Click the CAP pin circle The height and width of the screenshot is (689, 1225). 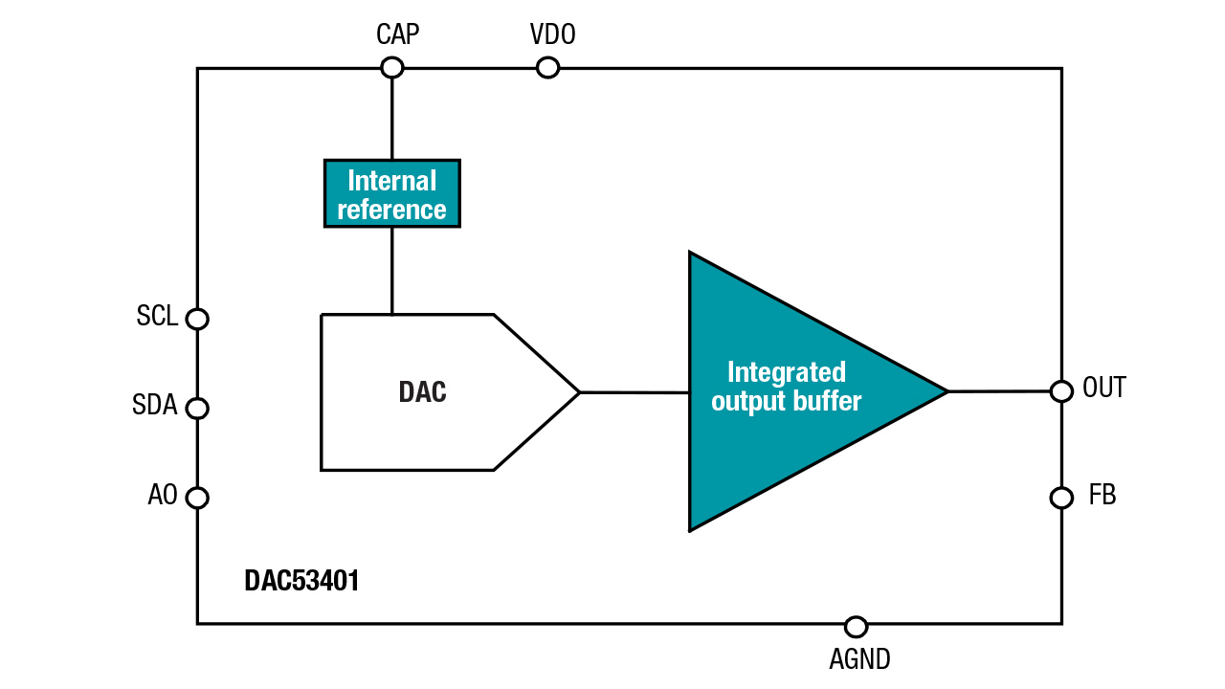[391, 67]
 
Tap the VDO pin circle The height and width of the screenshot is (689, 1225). [547, 67]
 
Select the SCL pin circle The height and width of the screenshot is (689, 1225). [197, 319]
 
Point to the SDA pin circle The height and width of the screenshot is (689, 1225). [197, 408]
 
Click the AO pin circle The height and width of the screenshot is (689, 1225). [197, 498]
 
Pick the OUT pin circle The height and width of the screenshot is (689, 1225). [1061, 390]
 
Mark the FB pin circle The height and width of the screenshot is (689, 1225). [1061, 498]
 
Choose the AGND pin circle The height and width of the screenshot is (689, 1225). [857, 627]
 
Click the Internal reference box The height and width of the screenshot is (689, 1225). [391, 193]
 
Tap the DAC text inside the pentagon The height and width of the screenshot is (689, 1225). [422, 392]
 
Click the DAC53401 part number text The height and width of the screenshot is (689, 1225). [301, 581]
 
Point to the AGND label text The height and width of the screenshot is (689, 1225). [859, 659]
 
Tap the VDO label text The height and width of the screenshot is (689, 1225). [552, 35]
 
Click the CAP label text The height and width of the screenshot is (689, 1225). [397, 35]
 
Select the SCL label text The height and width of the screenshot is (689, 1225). [157, 317]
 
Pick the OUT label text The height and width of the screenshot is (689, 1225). [1103, 388]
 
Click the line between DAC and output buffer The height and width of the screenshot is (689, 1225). [634, 392]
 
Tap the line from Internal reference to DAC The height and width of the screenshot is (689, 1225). [391, 270]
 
